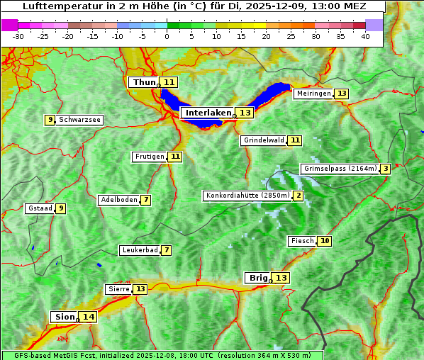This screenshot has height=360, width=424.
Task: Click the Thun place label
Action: pyautogui.click(x=144, y=82)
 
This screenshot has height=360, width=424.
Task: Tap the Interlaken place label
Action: pyautogui.click(x=208, y=113)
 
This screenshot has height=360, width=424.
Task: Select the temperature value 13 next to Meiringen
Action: pyautogui.click(x=342, y=94)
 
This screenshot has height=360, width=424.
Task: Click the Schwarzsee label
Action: pyautogui.click(x=79, y=120)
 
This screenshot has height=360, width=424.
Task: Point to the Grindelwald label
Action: pyautogui.click(x=264, y=140)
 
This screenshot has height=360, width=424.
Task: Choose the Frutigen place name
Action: pyautogui.click(x=149, y=157)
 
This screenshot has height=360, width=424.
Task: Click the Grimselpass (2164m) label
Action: pyautogui.click(x=339, y=169)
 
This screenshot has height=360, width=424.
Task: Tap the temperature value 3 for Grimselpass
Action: pyautogui.click(x=384, y=169)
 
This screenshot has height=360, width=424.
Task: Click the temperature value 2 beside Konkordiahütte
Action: pyautogui.click(x=299, y=196)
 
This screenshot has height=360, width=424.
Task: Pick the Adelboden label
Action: pyautogui.click(x=118, y=200)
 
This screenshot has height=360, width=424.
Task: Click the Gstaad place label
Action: pyautogui.click(x=40, y=208)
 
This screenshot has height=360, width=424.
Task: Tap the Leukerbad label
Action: pyautogui.click(x=139, y=250)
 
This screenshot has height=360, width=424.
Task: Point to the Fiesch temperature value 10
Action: pyautogui.click(x=325, y=241)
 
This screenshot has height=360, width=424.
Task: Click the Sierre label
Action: pyautogui.click(x=118, y=289)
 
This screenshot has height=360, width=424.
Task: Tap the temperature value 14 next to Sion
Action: pyautogui.click(x=88, y=317)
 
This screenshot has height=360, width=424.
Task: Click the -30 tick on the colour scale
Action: pyautogui.click(x=18, y=36)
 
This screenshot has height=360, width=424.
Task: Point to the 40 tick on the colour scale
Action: pyautogui.click(x=365, y=36)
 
